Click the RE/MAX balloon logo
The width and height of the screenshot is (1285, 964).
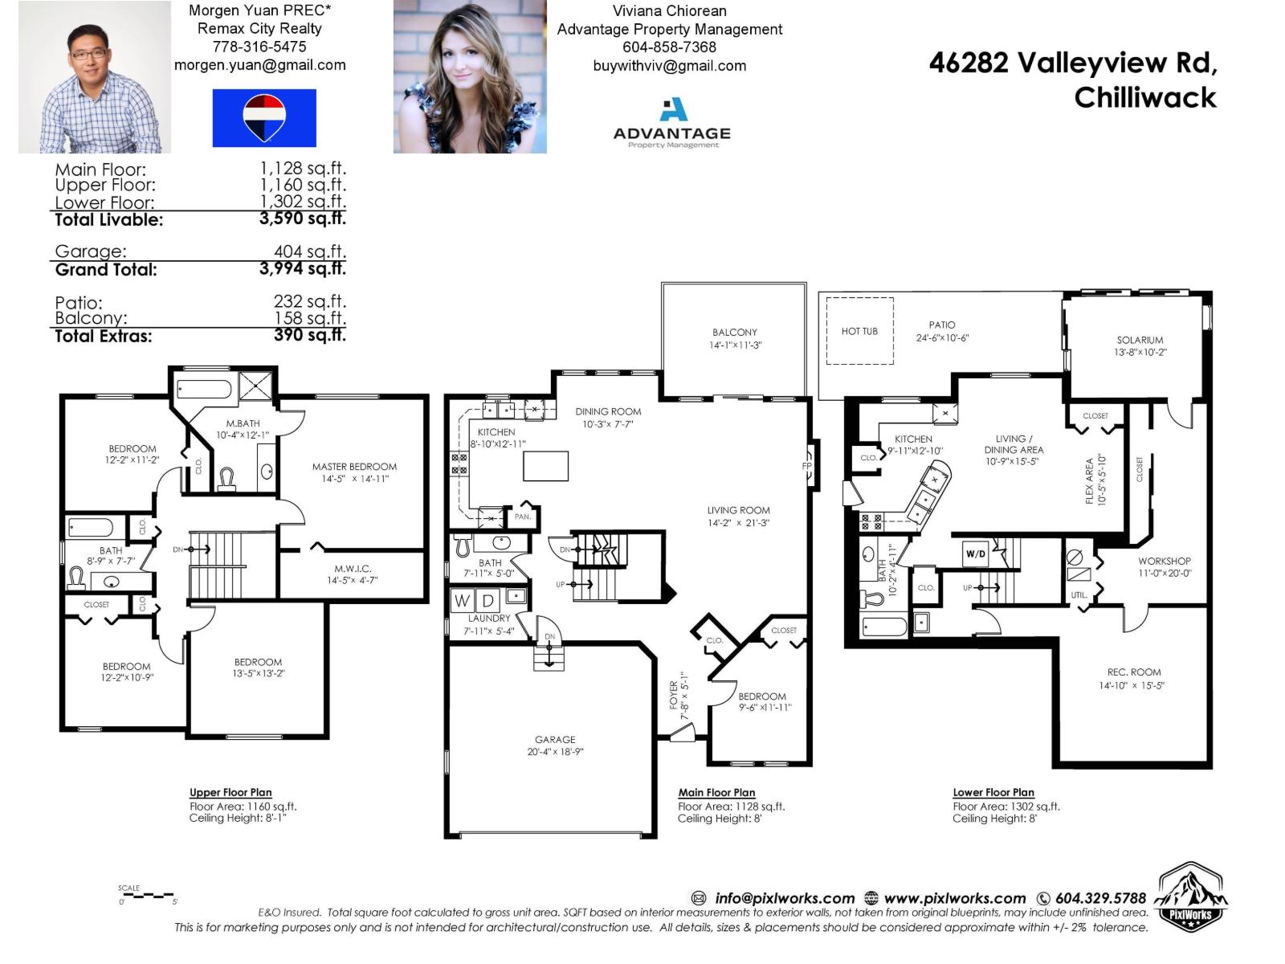[x=264, y=118]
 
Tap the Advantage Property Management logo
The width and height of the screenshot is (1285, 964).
[x=672, y=123]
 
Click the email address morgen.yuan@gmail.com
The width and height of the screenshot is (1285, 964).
[x=260, y=65]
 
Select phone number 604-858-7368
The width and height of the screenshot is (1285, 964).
[x=669, y=47]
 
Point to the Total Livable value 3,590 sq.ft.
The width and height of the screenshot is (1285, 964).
[x=302, y=219]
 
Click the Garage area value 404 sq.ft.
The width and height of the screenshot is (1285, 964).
[x=309, y=251]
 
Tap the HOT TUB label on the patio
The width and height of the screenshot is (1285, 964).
[x=859, y=331]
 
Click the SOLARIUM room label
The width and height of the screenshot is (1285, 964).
[x=1140, y=341]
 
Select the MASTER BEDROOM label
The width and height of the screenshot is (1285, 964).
[x=354, y=467]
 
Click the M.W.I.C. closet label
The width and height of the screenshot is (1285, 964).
[x=353, y=569]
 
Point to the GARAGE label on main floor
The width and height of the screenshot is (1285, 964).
[x=555, y=740]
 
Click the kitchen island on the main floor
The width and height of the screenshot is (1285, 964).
[x=545, y=466]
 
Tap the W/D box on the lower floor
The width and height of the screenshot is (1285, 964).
[x=975, y=554]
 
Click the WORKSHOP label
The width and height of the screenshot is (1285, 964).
[x=1164, y=562]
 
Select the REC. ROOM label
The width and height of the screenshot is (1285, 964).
[x=1133, y=672]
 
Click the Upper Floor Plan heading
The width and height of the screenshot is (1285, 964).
[x=230, y=793]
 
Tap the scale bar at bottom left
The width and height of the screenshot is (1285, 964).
[x=147, y=895]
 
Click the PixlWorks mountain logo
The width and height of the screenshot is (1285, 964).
[x=1193, y=897]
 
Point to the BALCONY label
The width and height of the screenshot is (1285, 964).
[x=734, y=333]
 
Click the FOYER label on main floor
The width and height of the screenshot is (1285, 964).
[x=674, y=696]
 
